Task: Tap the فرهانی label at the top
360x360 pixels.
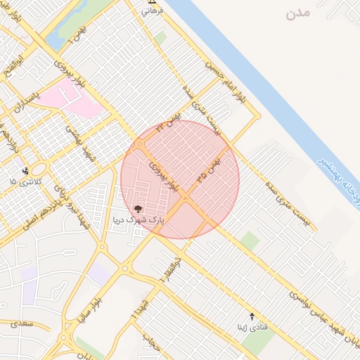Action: click(x=152, y=12)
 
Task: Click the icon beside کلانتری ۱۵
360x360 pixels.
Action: click(x=26, y=170)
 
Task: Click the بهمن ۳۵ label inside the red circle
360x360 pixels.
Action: click(x=209, y=170)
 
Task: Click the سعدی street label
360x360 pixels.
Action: click(x=22, y=325)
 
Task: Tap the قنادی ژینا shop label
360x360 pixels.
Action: click(x=252, y=327)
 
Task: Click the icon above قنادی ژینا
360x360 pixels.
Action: click(x=252, y=316)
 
